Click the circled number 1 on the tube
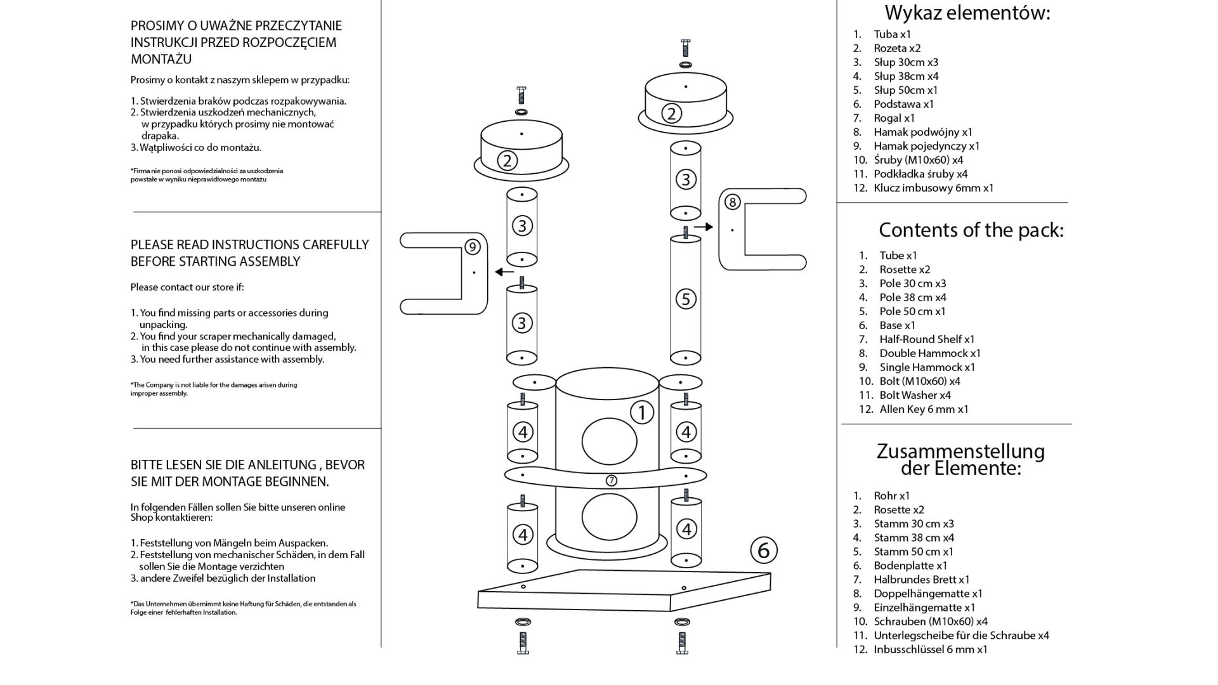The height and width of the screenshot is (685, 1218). pyautogui.click(x=641, y=412)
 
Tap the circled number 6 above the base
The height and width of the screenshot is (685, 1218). pyautogui.click(x=764, y=550)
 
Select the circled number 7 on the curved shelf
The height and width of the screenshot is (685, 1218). pyautogui.click(x=611, y=480)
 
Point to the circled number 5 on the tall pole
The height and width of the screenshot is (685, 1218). pyautogui.click(x=685, y=299)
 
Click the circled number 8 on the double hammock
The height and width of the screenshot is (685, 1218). pyautogui.click(x=732, y=202)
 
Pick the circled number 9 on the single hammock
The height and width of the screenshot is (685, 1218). pyautogui.click(x=472, y=247)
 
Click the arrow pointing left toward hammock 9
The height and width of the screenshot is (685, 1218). pyautogui.click(x=504, y=272)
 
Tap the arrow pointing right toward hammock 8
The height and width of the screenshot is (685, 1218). pyautogui.click(x=704, y=226)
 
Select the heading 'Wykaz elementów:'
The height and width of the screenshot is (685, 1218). pyautogui.click(x=967, y=13)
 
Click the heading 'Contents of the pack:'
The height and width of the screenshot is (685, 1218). pyautogui.click(x=971, y=230)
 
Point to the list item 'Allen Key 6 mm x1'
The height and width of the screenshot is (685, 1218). pyautogui.click(x=924, y=409)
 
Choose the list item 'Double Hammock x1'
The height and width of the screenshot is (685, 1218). pyautogui.click(x=929, y=353)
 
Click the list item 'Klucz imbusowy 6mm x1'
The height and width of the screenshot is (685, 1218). pyautogui.click(x=933, y=188)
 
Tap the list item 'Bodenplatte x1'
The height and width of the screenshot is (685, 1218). pyautogui.click(x=910, y=565)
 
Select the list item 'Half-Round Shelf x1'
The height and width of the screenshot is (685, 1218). pyautogui.click(x=927, y=339)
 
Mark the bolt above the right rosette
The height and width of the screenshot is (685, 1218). pyautogui.click(x=685, y=48)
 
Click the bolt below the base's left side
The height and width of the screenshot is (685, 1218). pyautogui.click(x=523, y=642)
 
